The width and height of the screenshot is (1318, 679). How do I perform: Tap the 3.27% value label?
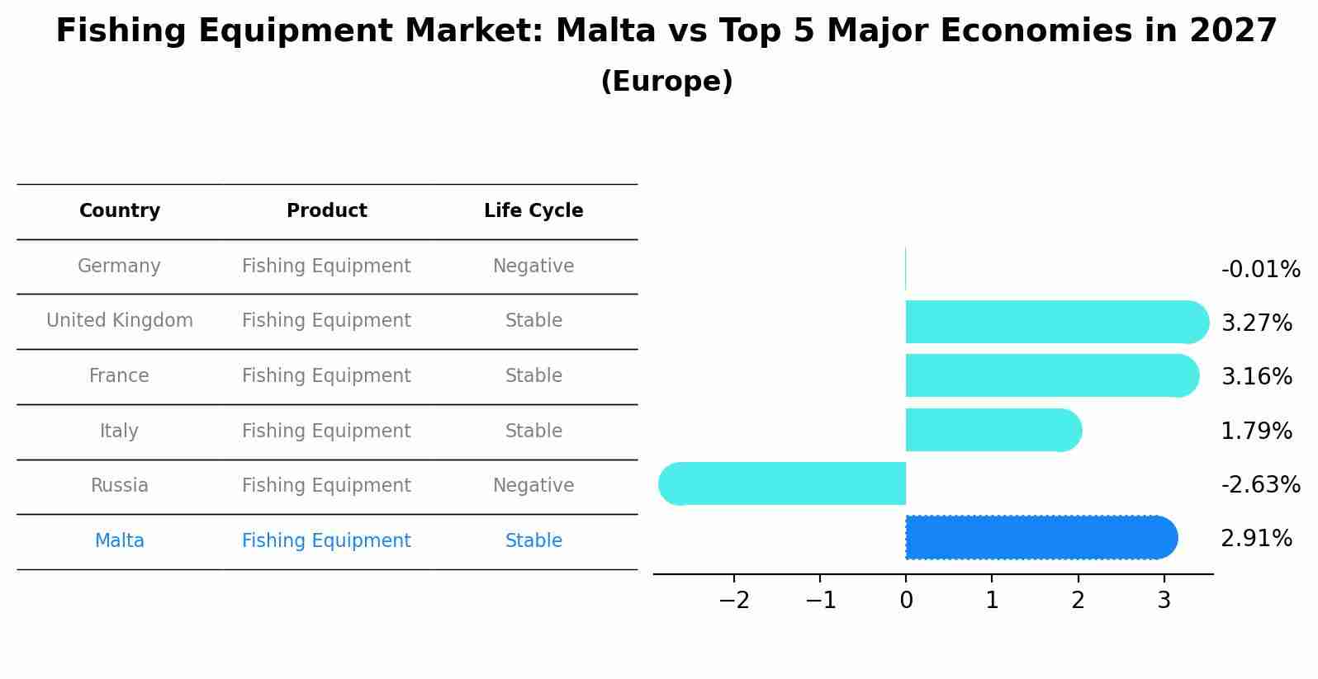pos(1256,323)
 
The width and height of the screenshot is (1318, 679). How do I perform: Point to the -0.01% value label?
pos(1260,270)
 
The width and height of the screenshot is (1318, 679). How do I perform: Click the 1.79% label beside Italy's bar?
pos(1256,431)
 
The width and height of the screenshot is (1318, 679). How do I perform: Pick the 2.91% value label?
pos(1256,539)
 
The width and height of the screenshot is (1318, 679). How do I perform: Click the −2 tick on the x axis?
pos(734,601)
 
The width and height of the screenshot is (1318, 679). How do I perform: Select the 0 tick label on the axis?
pos(906,601)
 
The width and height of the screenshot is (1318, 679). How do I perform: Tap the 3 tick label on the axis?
pos(1164,601)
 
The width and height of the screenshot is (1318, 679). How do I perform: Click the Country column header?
pos(120,211)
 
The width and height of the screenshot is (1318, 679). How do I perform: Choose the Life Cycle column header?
pos(533,211)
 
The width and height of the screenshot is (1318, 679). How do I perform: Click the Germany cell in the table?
pos(119,266)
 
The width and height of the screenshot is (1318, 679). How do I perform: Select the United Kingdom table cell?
pos(120,321)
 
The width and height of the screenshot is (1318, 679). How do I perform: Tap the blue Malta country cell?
pos(120,541)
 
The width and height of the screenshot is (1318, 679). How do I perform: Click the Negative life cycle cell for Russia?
pos(533,486)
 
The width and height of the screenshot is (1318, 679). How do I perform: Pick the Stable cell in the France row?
pos(533,376)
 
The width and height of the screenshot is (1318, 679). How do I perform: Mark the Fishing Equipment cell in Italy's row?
pos(326,431)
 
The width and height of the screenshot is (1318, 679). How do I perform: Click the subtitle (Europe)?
pos(666,82)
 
